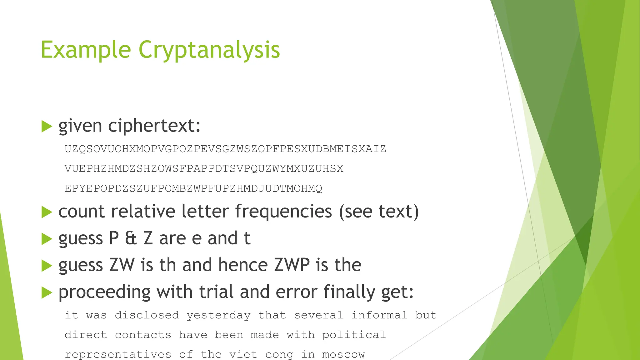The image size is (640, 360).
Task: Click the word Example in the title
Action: tap(86, 50)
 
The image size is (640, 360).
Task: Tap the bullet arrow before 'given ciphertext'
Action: tap(46, 127)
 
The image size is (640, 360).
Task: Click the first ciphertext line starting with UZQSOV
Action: tap(225, 149)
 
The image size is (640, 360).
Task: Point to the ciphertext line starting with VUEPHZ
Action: tap(204, 169)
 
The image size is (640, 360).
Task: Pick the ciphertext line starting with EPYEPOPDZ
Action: tap(193, 188)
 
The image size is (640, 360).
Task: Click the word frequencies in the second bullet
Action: tap(283, 211)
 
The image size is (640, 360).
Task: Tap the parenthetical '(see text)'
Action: tap(379, 212)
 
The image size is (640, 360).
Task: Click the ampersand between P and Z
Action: tap(131, 238)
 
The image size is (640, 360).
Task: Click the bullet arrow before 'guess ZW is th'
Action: tap(46, 266)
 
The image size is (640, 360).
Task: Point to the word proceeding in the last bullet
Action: tap(104, 292)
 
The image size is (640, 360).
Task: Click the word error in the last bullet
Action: tap(296, 292)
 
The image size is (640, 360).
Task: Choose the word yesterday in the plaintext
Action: tap(218, 315)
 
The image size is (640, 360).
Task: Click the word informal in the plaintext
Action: tap(379, 315)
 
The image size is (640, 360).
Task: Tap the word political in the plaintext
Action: tap(354, 335)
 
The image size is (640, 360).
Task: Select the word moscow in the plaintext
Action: tap(343, 355)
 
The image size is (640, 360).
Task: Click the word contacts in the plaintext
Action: tap(143, 335)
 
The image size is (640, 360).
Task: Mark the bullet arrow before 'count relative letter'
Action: tap(46, 212)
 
